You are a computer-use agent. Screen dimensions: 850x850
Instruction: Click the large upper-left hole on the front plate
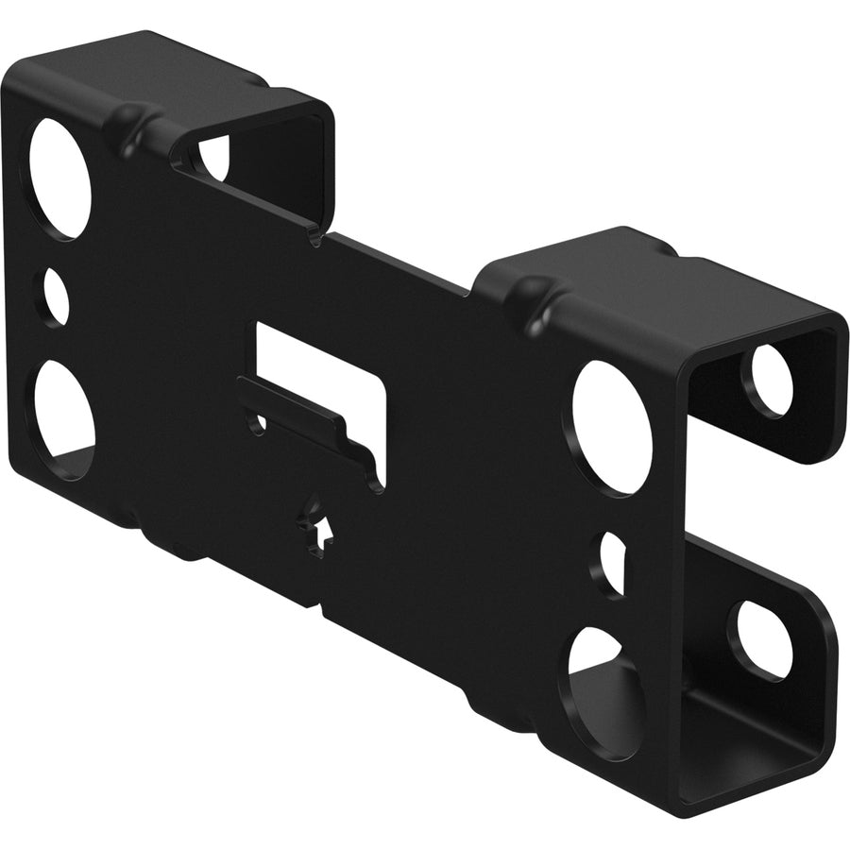pos(59,178)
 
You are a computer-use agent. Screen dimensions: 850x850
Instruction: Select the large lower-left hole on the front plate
pos(62,415)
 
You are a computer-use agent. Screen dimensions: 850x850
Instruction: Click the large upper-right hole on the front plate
pos(612,426)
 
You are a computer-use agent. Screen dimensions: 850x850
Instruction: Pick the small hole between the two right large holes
pos(612,561)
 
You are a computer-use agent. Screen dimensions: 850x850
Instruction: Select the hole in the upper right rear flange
pos(772,381)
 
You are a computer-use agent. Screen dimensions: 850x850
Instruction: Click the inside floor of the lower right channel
pos(746,737)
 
